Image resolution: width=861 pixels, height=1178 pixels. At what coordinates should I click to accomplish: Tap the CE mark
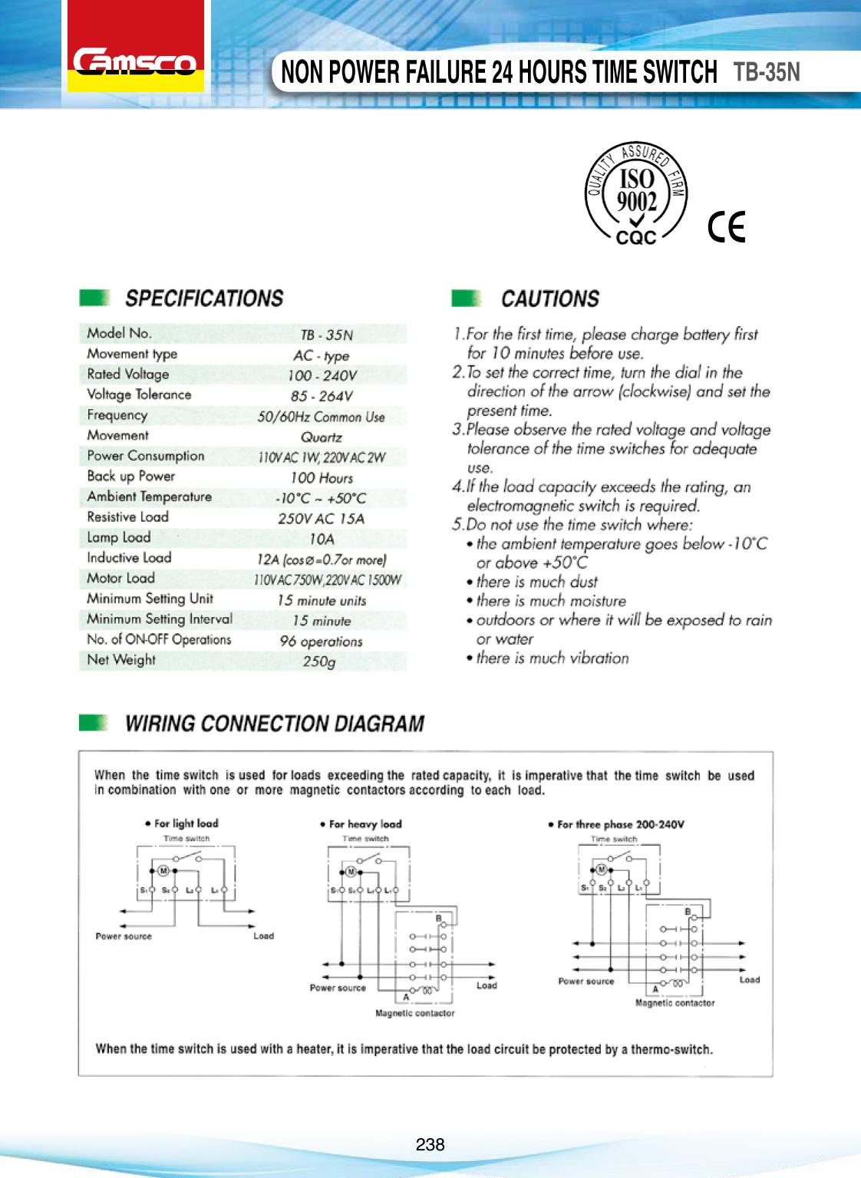(727, 226)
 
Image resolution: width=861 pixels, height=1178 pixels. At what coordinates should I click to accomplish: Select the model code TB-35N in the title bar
(767, 71)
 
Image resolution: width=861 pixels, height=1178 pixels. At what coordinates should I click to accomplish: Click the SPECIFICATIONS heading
(203, 298)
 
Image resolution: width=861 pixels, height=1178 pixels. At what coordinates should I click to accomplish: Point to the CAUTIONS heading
(549, 299)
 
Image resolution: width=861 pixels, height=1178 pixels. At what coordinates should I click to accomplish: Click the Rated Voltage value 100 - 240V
(322, 376)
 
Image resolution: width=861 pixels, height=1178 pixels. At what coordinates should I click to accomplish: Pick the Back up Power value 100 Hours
(322, 477)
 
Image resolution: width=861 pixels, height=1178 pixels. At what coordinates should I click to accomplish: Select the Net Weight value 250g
(319, 662)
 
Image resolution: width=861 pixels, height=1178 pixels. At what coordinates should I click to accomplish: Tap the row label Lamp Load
(119, 537)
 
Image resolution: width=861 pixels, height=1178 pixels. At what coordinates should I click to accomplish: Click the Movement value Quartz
(322, 437)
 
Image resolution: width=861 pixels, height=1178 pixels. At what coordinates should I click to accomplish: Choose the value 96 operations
(321, 642)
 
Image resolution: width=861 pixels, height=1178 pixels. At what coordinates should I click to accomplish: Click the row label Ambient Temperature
(149, 497)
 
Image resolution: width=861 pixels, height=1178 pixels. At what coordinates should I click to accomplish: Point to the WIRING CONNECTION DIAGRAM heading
(274, 724)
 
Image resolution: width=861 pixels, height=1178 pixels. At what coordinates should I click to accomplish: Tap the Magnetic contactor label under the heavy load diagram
(414, 1013)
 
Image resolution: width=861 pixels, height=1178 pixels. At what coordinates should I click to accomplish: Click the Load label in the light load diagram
(263, 935)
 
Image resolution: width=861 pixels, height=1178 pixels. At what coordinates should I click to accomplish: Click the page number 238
(430, 1144)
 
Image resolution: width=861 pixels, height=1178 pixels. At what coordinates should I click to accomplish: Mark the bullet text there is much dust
(536, 582)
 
